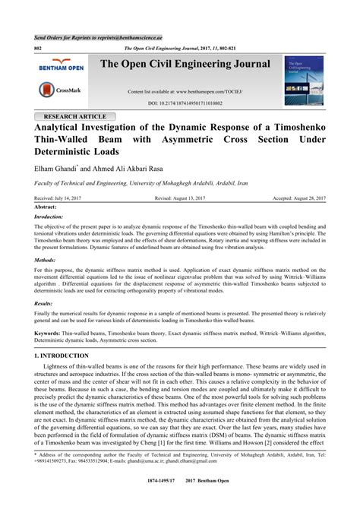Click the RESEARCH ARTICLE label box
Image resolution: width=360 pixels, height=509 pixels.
click(x=73, y=116)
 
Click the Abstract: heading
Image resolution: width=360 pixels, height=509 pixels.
click(x=47, y=207)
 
